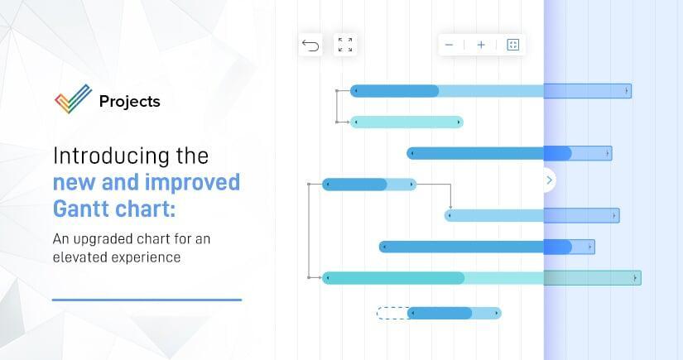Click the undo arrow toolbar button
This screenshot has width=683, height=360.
click(310, 45)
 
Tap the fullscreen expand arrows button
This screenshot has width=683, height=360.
click(345, 45)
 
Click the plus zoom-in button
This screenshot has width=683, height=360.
click(481, 45)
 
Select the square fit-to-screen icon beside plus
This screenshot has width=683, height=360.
click(512, 45)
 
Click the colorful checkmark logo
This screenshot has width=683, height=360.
click(73, 98)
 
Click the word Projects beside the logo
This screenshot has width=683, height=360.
click(130, 102)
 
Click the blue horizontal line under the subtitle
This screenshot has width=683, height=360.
click(147, 300)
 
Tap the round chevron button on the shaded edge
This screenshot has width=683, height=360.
click(549, 180)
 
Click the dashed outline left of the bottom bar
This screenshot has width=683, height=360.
click(392, 313)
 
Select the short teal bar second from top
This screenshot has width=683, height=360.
click(406, 122)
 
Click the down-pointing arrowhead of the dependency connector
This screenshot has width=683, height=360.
click(450, 207)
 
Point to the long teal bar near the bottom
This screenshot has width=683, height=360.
click(481, 278)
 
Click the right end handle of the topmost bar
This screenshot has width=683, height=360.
click(627, 91)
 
